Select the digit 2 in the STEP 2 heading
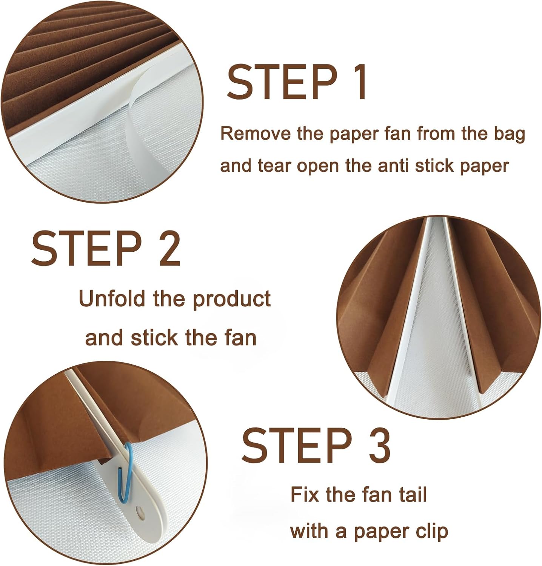[166, 249]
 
